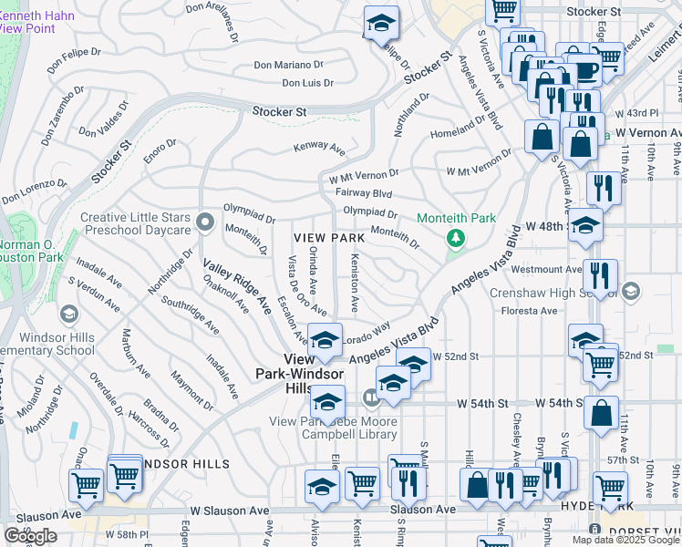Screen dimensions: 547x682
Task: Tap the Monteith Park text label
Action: [456, 219]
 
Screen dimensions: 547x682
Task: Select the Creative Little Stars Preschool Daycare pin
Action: [205, 220]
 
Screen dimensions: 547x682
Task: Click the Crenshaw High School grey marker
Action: [633, 293]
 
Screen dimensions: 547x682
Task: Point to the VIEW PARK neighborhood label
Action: [329, 238]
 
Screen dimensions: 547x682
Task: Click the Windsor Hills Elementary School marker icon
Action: [68, 315]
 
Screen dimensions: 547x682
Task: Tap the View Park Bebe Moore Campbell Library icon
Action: [371, 397]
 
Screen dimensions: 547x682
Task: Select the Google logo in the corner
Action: [30, 536]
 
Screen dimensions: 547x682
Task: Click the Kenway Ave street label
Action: [319, 147]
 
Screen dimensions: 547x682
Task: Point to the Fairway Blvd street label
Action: [364, 193]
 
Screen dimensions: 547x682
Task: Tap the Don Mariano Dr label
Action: [288, 65]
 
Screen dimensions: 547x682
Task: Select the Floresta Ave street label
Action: [534, 311]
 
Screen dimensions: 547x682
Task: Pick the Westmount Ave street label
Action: [546, 270]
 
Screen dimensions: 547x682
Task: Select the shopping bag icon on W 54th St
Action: [602, 412]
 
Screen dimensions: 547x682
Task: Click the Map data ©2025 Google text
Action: [625, 540]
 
